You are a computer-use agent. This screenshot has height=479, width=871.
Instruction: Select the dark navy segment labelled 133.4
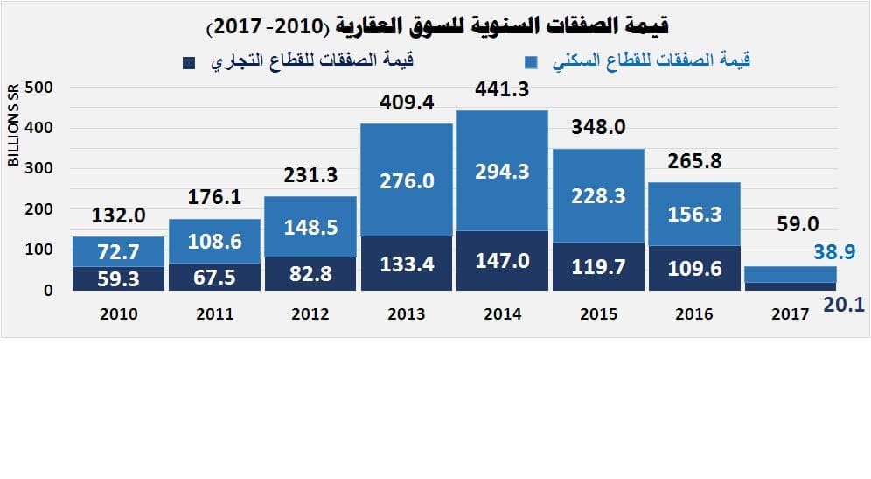[407, 263]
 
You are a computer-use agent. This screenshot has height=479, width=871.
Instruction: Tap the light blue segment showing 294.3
[502, 172]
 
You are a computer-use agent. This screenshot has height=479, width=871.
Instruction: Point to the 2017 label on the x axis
[790, 314]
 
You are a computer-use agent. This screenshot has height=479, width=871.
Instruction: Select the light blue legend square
[531, 62]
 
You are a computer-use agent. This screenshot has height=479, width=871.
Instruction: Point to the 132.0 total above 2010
[118, 215]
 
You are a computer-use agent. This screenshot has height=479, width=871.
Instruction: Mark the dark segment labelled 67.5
[214, 278]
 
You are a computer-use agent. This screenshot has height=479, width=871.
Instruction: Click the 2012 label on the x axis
[310, 314]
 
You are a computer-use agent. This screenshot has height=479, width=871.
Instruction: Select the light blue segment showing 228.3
[598, 196]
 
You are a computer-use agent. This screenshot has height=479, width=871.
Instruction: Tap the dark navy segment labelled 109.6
[694, 269]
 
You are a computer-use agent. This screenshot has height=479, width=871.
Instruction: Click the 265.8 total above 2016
[694, 161]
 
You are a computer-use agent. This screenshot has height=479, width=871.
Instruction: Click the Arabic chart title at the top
[437, 26]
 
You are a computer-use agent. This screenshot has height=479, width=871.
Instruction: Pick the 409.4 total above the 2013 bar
[407, 102]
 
